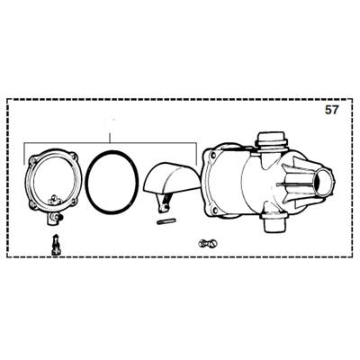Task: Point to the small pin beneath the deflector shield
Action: coord(166,215)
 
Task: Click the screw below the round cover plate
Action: coord(56,242)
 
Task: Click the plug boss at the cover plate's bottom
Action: coord(53,217)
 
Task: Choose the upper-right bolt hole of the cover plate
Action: coord(72,160)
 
